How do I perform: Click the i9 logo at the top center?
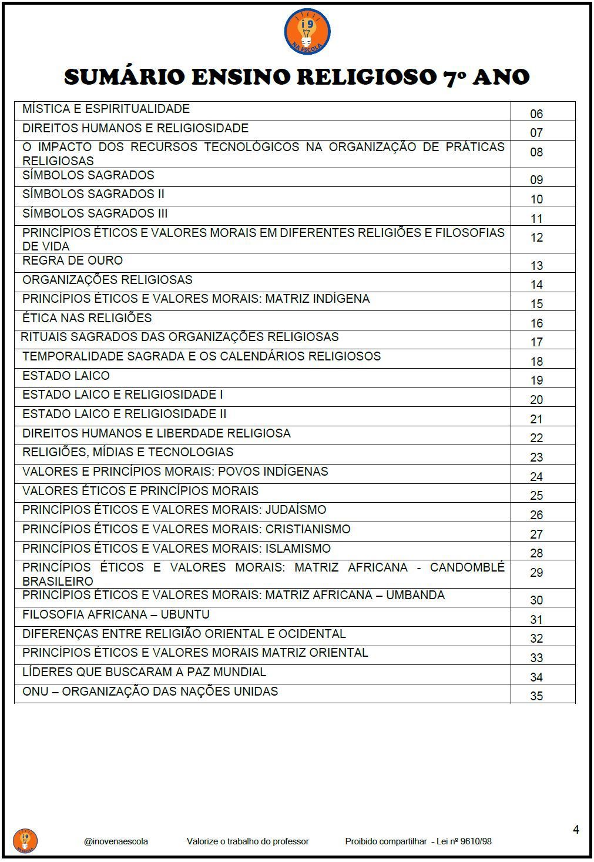tap(307, 32)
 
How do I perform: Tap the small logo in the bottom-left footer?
tap(25, 840)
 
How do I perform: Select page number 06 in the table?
tap(536, 114)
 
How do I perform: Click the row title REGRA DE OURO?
tap(72, 260)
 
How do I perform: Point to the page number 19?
tap(536, 380)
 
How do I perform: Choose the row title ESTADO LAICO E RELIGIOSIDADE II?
tap(124, 414)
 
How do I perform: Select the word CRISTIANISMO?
tap(308, 529)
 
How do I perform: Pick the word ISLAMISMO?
tap(298, 549)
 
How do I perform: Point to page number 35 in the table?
tap(536, 696)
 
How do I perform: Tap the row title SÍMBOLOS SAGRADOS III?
tap(95, 213)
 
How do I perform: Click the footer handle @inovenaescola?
tap(116, 841)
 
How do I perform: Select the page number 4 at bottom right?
tap(576, 830)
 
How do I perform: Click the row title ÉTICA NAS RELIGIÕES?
tap(87, 318)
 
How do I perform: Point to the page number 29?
tap(536, 573)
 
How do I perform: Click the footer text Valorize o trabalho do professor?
tap(247, 841)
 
